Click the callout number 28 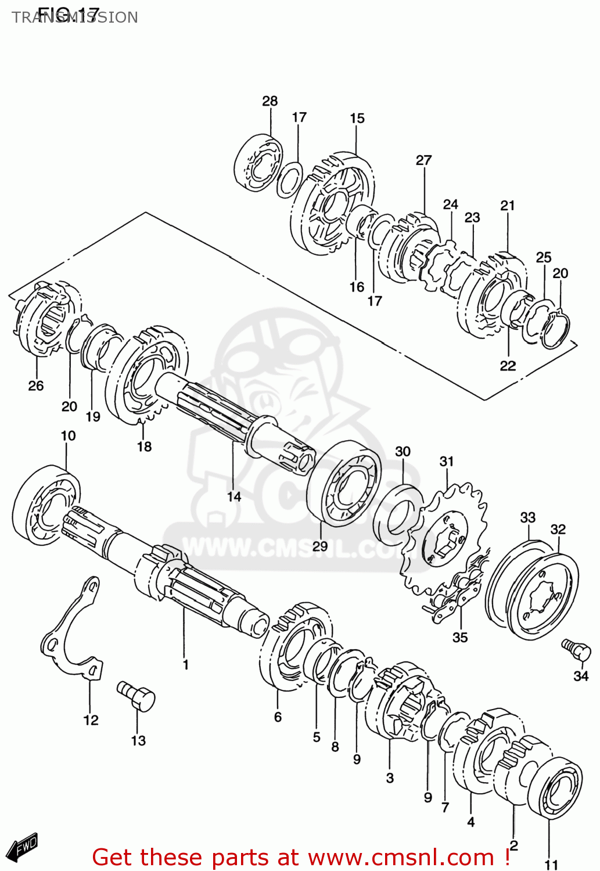270,101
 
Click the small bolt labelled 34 576,649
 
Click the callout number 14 233,496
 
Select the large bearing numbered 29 344,484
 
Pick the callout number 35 459,638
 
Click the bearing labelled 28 258,162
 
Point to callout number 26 35,386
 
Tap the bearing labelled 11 556,787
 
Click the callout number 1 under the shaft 185,664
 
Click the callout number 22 508,366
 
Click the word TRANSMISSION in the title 75,17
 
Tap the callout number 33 527,517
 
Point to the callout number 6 278,717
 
